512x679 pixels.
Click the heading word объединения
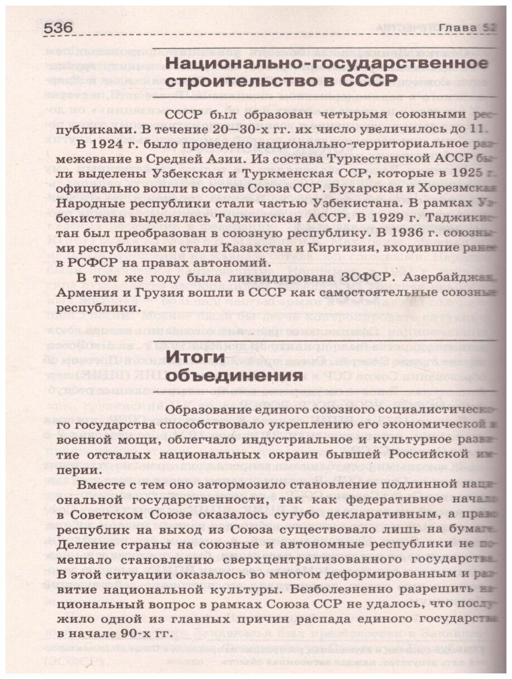point(227,376)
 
